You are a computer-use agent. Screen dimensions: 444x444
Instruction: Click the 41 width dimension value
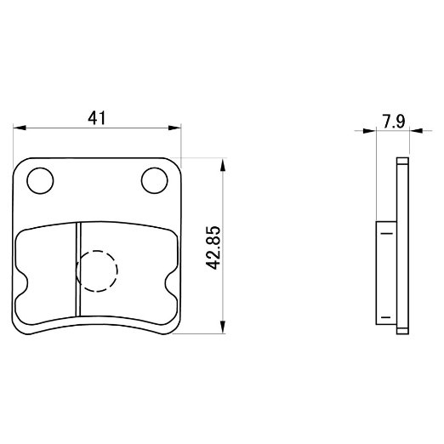[x=96, y=118]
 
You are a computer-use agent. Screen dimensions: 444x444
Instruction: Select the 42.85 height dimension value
[x=213, y=248]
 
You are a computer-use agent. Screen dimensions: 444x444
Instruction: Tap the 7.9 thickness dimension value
[x=394, y=122]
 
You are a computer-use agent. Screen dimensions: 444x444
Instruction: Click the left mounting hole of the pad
[x=40, y=180]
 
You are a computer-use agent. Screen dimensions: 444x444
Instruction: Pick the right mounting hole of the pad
[x=155, y=180]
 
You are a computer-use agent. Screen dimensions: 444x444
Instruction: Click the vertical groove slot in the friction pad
[x=78, y=269]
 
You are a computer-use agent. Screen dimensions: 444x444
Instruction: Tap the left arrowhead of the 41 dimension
[x=20, y=128]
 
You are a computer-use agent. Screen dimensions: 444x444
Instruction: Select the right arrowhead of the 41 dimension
[x=174, y=128]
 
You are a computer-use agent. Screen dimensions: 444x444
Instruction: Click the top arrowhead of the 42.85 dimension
[x=223, y=164]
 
